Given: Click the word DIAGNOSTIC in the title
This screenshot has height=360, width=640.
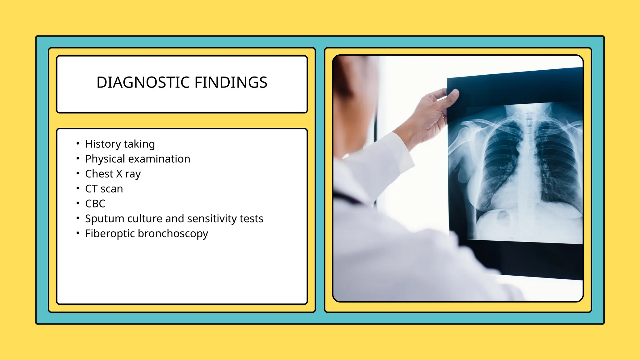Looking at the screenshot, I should [x=143, y=82].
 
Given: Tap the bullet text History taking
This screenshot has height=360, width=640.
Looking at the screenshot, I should [x=120, y=144].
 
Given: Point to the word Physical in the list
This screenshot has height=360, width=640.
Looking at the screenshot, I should [x=105, y=159].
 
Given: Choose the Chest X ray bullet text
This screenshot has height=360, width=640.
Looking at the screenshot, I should [x=113, y=174].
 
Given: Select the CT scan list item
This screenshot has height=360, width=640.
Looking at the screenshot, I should [x=104, y=189].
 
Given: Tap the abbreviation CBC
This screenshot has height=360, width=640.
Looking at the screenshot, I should [x=95, y=204].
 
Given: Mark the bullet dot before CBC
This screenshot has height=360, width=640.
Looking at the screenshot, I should [x=78, y=203].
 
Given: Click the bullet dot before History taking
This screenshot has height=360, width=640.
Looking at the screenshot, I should [x=78, y=144].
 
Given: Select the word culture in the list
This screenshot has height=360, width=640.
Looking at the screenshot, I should [x=145, y=219].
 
